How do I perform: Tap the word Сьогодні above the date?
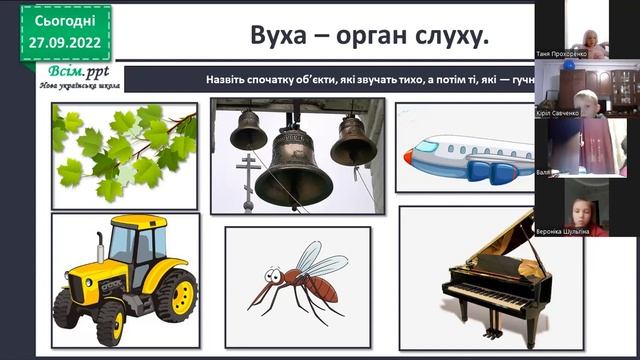tap(65, 20)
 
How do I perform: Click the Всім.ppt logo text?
tap(75, 74)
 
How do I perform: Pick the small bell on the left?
tap(248, 130)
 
